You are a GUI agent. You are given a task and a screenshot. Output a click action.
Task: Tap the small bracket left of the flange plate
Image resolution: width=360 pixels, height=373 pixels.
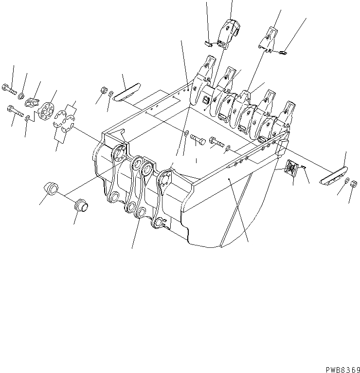coord(35,102)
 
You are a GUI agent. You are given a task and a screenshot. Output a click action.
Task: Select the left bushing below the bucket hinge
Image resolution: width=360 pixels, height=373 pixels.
coord(50,187)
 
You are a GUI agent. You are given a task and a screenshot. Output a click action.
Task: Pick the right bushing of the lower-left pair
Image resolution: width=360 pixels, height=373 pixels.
coord(81,205)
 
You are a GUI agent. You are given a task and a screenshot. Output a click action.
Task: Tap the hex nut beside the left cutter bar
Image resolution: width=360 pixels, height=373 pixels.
coord(103,90)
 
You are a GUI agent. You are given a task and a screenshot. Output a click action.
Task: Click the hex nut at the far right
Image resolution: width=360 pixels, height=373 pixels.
coord(355,184)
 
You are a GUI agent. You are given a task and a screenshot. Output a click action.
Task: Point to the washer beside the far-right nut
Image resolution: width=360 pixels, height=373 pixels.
coord(346,181)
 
